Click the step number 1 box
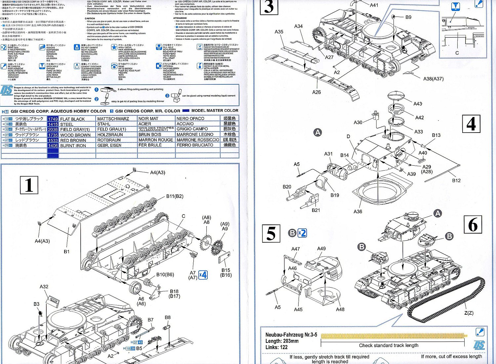pos(29,185)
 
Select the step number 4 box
pos(471,124)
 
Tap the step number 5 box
pos(271,233)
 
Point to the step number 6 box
pos(473,224)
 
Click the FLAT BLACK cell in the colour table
pos(72,119)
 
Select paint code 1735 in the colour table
pos(53,135)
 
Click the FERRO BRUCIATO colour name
pos(195,145)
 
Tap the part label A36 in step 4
pos(358,212)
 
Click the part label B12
pos(456,181)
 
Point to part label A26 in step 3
pos(316,92)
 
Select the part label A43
pos(418,104)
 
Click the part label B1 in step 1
pos(66,252)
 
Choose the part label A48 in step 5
pos(340,309)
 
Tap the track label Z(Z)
pos(469,313)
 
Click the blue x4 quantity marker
pos(203,275)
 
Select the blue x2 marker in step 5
pos(302,233)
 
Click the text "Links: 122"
pos(276,347)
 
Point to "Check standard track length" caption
pos(389,345)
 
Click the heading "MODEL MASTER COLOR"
pos(215,111)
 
